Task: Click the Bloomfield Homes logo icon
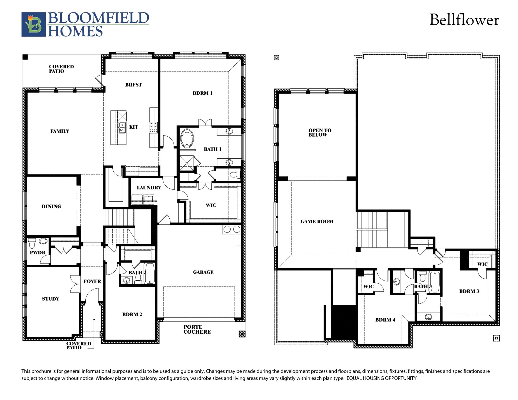[x=33, y=24]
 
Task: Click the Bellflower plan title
[x=464, y=20]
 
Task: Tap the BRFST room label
[x=133, y=85]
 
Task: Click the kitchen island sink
[x=122, y=128]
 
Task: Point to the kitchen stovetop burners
[x=153, y=128]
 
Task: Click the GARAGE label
[x=203, y=272]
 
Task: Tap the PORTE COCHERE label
[x=197, y=329]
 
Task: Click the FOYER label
[x=92, y=281]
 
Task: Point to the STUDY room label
[x=51, y=299]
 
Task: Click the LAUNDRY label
[x=149, y=188]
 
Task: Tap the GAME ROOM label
[x=317, y=222]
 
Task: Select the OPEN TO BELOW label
[x=319, y=132]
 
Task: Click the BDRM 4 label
[x=385, y=320]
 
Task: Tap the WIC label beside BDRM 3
[x=482, y=264]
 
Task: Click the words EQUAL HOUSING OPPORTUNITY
[x=381, y=378]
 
